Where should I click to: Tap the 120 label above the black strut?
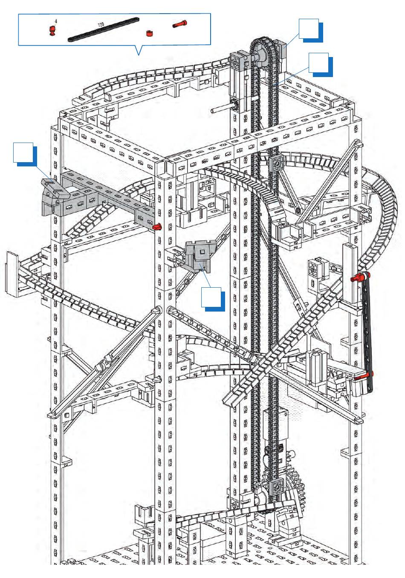coord(101,25)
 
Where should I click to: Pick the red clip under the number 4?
coord(52,30)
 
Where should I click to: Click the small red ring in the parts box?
coord(149,33)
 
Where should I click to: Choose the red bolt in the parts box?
coord(180,24)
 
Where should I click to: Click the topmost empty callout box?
coord(308,29)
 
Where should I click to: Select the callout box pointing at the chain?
coord(318,63)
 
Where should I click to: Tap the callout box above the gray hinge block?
coord(23,152)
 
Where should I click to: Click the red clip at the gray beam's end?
coord(158,226)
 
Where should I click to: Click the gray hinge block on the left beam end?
coord(54,191)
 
